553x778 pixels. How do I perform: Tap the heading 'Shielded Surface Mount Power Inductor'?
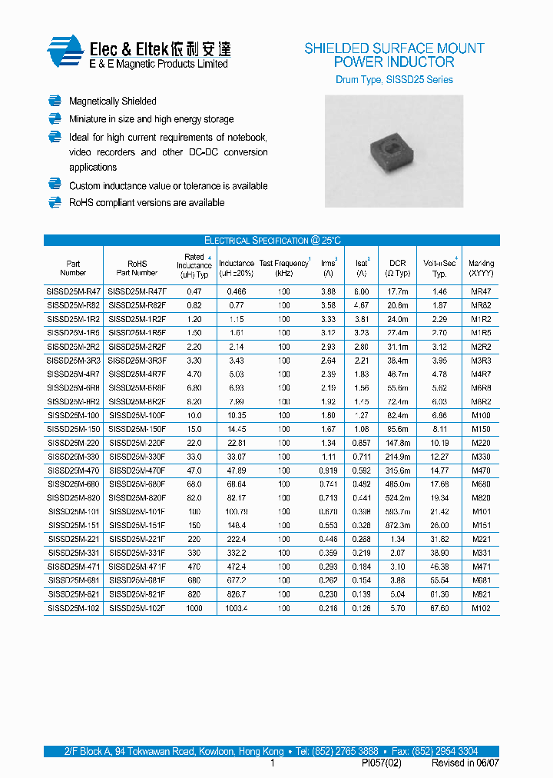coord(394,55)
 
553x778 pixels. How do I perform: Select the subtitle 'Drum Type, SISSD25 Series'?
coord(394,80)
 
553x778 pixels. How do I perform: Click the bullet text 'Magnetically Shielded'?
coord(112,101)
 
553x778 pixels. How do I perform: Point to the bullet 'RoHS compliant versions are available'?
coord(147,203)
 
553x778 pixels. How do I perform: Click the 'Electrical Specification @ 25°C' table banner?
coord(272,241)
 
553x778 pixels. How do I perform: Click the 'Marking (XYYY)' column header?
coord(482,268)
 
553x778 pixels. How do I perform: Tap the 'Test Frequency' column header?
coord(284,264)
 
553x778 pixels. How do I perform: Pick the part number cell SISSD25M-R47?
coord(73,292)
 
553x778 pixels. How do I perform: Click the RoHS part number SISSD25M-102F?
coord(137,609)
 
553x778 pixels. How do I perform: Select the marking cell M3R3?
coord(482,361)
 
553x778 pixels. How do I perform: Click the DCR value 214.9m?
coord(397,457)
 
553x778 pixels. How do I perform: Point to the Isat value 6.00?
coord(361,292)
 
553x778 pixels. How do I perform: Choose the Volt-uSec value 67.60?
coord(439,609)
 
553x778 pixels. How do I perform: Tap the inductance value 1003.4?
coord(237,609)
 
